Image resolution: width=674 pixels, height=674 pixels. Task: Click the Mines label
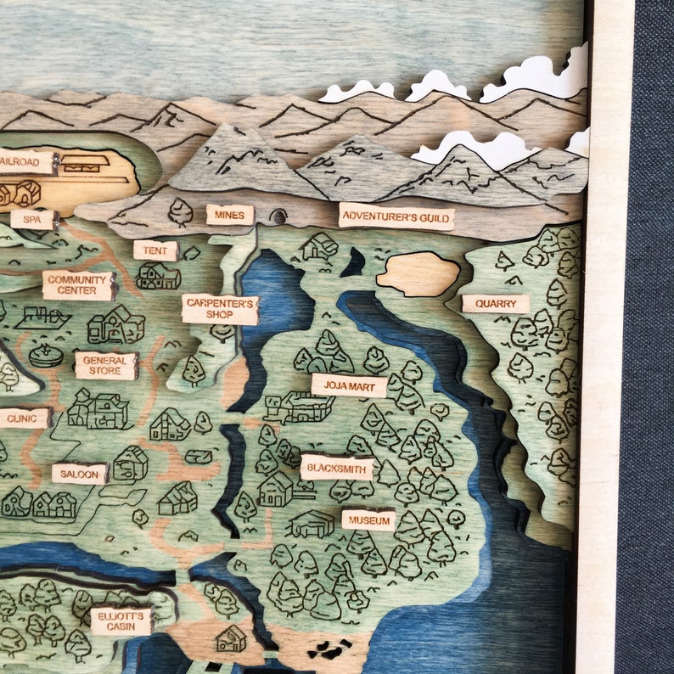(x=229, y=215)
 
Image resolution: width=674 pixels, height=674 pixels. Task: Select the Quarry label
(x=496, y=304)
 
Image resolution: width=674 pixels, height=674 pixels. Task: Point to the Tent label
(x=155, y=250)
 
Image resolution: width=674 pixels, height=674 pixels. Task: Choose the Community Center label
(x=78, y=285)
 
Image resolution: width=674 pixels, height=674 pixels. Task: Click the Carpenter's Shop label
(x=220, y=309)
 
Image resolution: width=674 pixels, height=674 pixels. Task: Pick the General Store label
(x=106, y=366)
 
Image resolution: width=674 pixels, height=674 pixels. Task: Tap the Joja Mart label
(x=349, y=385)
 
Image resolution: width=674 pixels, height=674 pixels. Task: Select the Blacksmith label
(x=337, y=468)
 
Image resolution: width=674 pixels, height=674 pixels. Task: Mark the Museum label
(x=368, y=520)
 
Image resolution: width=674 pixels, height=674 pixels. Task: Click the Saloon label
(x=80, y=474)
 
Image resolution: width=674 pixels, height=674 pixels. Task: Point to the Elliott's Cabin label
(x=121, y=621)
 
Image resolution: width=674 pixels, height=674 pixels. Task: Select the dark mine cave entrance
(x=278, y=216)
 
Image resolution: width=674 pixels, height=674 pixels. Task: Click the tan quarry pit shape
(x=418, y=273)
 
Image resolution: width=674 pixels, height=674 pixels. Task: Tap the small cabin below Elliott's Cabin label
(x=230, y=638)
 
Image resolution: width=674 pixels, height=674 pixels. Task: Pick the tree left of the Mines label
(x=180, y=211)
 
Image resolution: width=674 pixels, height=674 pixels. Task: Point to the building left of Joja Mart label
(x=297, y=407)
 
